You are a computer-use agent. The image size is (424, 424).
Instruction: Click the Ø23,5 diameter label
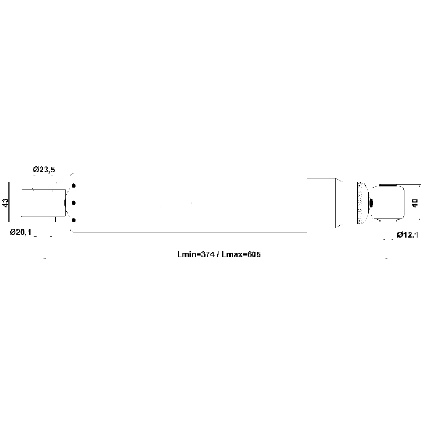[x=44, y=170]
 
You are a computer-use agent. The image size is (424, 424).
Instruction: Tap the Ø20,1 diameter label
[x=21, y=232]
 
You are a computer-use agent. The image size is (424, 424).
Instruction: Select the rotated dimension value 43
[x=5, y=202]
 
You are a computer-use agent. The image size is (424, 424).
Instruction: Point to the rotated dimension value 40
[x=415, y=203]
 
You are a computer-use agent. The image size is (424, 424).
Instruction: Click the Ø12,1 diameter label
[x=408, y=235]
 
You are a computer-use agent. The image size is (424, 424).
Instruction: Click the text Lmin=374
[x=196, y=254]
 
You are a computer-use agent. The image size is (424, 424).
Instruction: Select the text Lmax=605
[x=241, y=254]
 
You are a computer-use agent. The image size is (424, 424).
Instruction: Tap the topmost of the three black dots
[x=73, y=185]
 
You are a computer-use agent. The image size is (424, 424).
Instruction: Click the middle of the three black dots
[x=73, y=203]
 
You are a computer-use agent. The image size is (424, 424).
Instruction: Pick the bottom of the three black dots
[x=73, y=220]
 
